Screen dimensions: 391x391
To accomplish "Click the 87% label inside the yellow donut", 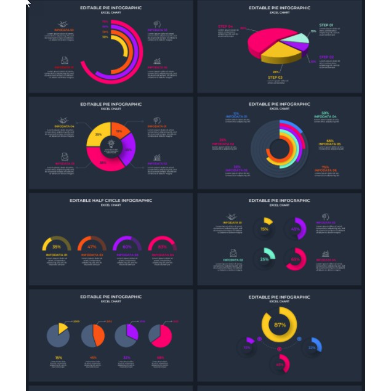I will [280, 324].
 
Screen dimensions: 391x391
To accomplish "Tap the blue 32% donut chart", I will [312, 347].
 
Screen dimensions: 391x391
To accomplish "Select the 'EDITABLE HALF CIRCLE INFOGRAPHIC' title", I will [111, 200].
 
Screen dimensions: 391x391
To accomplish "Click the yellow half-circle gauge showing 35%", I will [56, 243].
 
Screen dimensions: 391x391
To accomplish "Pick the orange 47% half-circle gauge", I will [92, 243].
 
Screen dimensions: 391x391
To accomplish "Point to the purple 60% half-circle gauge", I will [127, 243].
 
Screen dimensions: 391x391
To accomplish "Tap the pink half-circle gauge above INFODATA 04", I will [162, 243].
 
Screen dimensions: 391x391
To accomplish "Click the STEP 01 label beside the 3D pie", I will [326, 25].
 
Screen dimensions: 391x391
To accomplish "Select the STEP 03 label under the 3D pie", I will [275, 78].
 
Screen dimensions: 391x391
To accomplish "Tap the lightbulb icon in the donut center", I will [111, 144].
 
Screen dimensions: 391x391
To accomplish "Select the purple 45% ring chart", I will [296, 228].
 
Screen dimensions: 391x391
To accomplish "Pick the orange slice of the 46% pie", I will [99, 335].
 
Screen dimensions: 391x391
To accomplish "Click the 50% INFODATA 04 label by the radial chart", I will [325, 115].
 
